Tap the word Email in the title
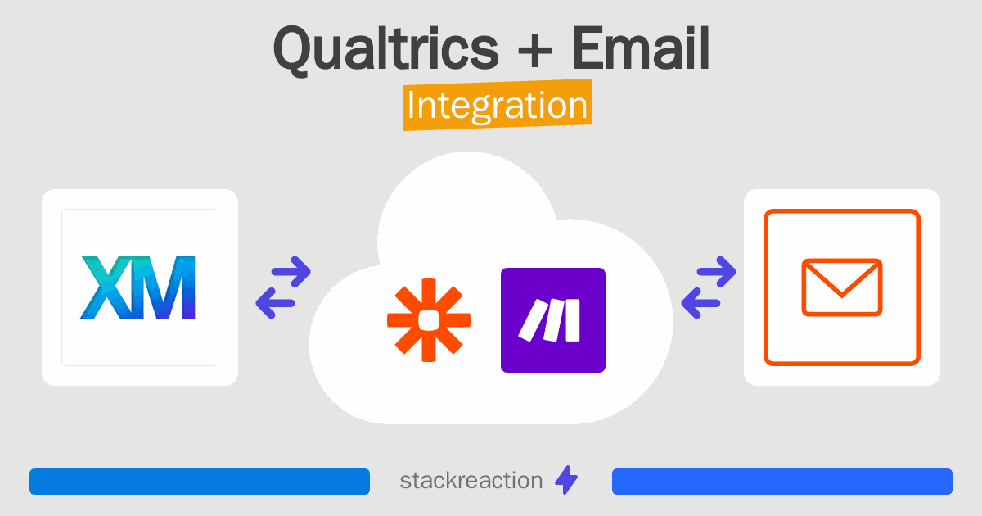(x=641, y=48)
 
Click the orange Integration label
(x=498, y=105)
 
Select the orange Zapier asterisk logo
(x=429, y=320)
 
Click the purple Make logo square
(x=553, y=320)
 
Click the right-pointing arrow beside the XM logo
(x=291, y=272)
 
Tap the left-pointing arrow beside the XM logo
(x=275, y=303)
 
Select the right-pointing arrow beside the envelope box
(x=716, y=272)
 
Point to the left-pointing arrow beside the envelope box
(x=700, y=303)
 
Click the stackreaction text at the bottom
(x=471, y=481)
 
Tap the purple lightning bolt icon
(x=566, y=480)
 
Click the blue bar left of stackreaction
(x=200, y=482)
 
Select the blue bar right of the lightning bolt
(x=782, y=482)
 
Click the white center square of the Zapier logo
(x=429, y=320)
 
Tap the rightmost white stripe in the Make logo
(x=573, y=320)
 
